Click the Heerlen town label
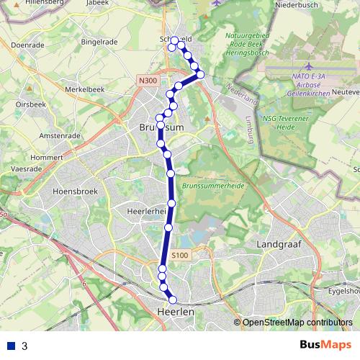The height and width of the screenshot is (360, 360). pos(176,312)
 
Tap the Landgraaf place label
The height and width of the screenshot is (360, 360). pos(278,245)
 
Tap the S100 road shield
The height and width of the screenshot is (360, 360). pos(180,254)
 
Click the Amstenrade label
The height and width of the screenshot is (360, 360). pos(59,135)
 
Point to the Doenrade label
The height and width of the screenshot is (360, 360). pos(29,45)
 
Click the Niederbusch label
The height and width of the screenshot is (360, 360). pos(297,5)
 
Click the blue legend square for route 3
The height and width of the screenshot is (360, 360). pos(11,346)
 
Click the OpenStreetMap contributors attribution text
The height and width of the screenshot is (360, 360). pos(297,322)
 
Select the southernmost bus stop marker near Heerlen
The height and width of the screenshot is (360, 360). pos(172,300)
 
